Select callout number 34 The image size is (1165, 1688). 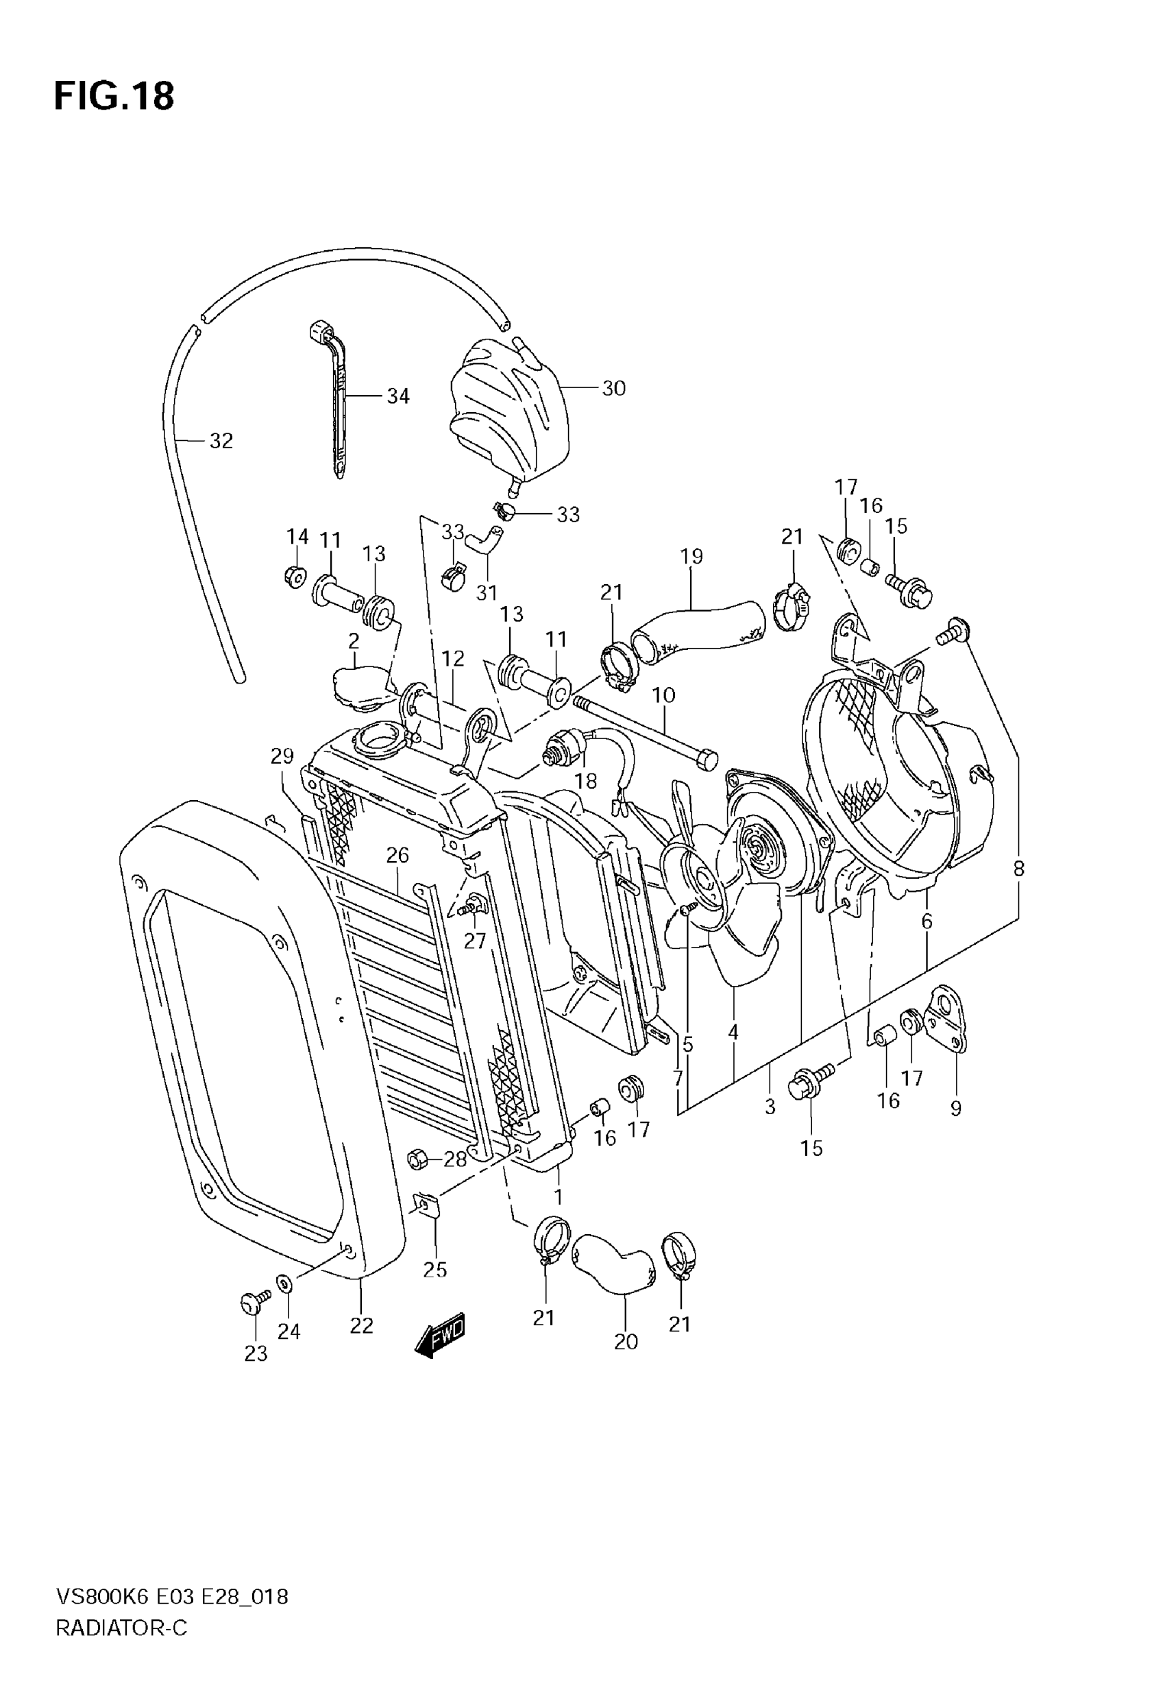(x=398, y=396)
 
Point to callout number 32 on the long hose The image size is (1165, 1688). (x=221, y=441)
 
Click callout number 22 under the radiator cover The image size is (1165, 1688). (x=361, y=1325)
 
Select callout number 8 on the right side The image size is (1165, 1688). (x=1018, y=869)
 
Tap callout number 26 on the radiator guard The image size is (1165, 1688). (x=398, y=854)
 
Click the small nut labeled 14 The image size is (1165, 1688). (x=294, y=577)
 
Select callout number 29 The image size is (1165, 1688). (x=282, y=756)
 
